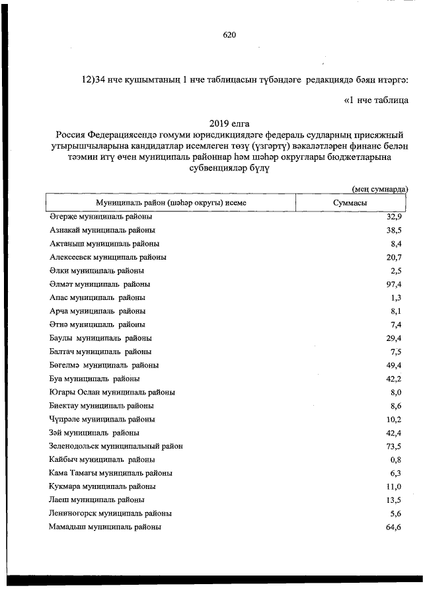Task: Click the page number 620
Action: (229, 35)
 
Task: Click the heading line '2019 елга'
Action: (229, 124)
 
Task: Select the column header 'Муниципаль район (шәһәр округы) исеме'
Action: (171, 203)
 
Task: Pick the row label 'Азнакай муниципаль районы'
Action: (102, 231)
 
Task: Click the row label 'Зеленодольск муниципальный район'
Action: (116, 446)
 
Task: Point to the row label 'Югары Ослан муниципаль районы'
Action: (112, 392)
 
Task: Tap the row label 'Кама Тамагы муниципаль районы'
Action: (111, 473)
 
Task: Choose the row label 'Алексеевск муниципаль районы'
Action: (108, 257)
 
